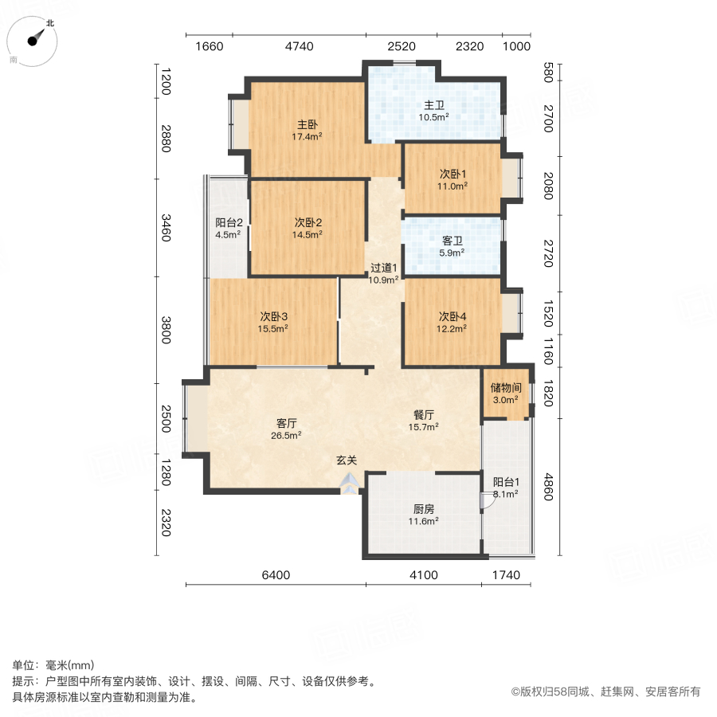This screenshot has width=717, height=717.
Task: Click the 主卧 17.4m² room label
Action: point(308,130)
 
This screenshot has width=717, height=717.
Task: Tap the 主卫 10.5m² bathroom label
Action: point(433,111)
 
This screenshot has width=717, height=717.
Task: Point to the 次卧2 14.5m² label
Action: point(308,228)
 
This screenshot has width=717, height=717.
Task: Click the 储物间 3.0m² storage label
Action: point(505,394)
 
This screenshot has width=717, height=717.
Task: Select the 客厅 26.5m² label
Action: point(287,429)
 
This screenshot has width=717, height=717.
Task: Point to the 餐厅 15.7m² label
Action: point(423,420)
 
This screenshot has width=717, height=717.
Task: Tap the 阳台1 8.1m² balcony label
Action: point(505,488)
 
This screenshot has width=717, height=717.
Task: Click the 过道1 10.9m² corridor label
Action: point(383,273)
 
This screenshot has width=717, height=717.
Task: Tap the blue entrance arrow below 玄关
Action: point(349,482)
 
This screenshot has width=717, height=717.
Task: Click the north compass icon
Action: point(36,39)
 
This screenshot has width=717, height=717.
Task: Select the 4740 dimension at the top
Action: point(299,46)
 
